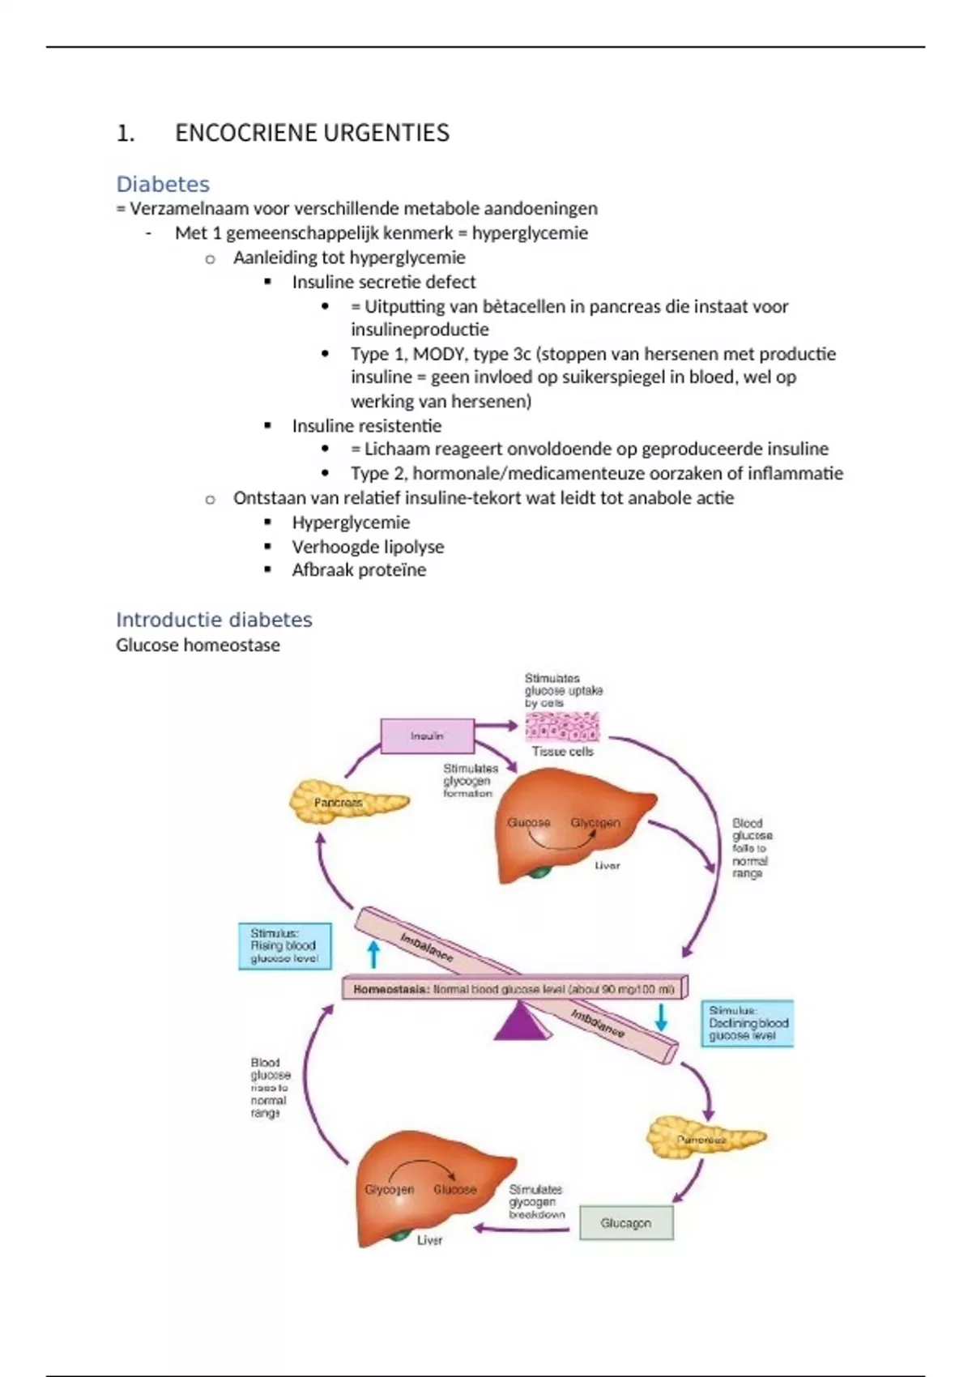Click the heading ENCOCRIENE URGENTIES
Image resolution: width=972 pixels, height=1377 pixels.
[312, 133]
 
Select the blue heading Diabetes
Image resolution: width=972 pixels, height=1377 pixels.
[163, 184]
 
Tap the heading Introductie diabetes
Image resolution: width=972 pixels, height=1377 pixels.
[214, 620]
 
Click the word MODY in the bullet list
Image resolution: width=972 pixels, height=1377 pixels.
[438, 354]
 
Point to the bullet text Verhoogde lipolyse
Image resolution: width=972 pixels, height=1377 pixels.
[368, 547]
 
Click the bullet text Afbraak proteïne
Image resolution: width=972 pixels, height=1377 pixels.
[359, 570]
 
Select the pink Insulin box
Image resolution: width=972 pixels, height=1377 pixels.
[427, 736]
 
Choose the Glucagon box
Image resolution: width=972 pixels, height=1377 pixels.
[626, 1223]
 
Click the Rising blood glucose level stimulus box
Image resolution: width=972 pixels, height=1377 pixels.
[285, 946]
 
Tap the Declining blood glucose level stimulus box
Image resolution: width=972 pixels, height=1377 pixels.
[747, 1023]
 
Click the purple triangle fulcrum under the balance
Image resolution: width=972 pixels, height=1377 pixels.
[522, 1021]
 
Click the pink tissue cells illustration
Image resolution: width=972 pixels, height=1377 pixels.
[563, 727]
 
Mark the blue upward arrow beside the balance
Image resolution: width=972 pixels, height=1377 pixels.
[373, 953]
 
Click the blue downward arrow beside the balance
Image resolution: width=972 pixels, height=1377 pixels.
[661, 1017]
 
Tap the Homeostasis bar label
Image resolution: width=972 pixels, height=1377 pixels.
[514, 989]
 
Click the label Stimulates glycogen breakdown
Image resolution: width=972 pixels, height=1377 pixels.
[535, 1202]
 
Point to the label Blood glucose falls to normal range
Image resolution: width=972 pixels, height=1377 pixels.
[751, 848]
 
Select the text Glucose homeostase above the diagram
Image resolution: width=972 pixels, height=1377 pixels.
[198, 646]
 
